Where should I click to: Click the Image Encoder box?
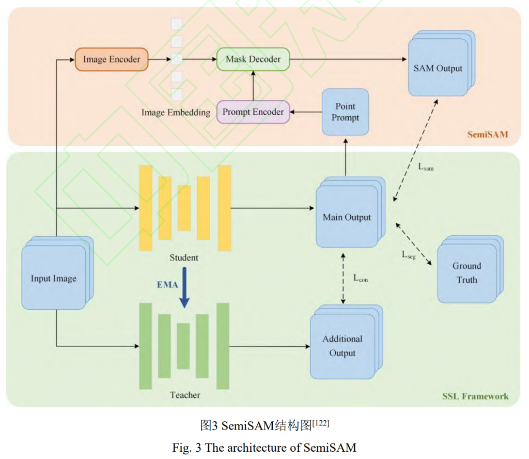click(x=112, y=59)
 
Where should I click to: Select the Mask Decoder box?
click(x=253, y=59)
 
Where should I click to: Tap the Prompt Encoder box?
click(x=253, y=112)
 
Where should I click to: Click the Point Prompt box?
click(x=345, y=112)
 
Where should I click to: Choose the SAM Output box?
click(x=438, y=68)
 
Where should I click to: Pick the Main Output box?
click(x=347, y=217)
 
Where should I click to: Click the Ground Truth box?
click(x=466, y=273)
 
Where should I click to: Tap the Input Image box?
click(x=53, y=279)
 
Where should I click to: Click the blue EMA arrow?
click(x=184, y=293)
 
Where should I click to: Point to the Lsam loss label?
click(x=425, y=167)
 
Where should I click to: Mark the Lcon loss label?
click(x=361, y=279)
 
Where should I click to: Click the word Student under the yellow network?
click(x=183, y=257)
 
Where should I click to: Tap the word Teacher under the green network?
click(x=184, y=395)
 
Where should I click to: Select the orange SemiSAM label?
click(x=488, y=135)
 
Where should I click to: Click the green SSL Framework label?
click(x=475, y=396)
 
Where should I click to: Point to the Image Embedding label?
click(x=176, y=112)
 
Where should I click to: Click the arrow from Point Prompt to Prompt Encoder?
click(x=305, y=112)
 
